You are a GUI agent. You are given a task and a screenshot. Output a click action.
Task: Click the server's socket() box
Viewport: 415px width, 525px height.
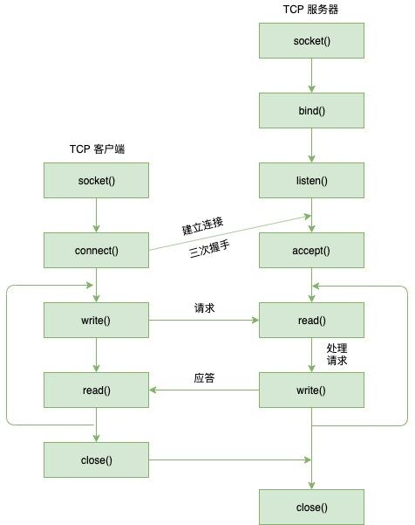pyautogui.click(x=311, y=40)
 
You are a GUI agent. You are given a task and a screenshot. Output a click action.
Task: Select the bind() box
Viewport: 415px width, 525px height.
pyautogui.click(x=311, y=110)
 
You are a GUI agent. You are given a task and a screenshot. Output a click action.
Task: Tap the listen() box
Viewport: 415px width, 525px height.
pyautogui.click(x=311, y=181)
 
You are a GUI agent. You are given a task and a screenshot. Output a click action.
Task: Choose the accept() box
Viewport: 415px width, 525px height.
pyautogui.click(x=311, y=251)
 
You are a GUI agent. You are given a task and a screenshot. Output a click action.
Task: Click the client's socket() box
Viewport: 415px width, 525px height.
pyautogui.click(x=96, y=181)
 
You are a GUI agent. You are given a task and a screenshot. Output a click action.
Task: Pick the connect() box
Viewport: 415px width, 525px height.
pyautogui.click(x=96, y=251)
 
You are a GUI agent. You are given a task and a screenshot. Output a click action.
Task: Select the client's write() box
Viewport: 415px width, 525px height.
pyautogui.click(x=96, y=320)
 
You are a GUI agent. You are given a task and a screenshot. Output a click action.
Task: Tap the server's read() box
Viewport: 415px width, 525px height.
pyautogui.click(x=311, y=320)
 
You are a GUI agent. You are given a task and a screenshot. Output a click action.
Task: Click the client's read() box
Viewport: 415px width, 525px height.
pyautogui.click(x=96, y=390)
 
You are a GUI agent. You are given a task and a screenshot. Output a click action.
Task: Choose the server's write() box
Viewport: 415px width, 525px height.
pyautogui.click(x=311, y=390)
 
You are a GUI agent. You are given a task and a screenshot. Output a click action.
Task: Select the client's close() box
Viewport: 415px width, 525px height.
pyautogui.click(x=96, y=460)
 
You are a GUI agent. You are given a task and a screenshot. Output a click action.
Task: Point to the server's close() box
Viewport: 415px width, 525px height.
pyautogui.click(x=311, y=507)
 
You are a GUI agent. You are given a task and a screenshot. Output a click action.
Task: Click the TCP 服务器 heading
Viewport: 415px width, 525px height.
pyautogui.click(x=310, y=9)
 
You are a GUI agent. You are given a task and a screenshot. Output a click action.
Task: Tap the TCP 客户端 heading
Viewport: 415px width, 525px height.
pyautogui.click(x=97, y=149)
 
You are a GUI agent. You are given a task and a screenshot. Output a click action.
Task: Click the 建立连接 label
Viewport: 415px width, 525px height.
pyautogui.click(x=202, y=226)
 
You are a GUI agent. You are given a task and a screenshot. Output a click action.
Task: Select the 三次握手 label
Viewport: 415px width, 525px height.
pyautogui.click(x=209, y=250)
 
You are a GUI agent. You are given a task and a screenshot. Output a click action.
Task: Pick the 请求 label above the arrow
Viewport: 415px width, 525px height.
pyautogui.click(x=204, y=308)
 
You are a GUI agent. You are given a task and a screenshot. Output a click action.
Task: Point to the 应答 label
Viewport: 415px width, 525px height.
pyautogui.click(x=204, y=378)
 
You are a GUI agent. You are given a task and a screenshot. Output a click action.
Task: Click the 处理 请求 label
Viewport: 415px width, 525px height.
pyautogui.click(x=337, y=355)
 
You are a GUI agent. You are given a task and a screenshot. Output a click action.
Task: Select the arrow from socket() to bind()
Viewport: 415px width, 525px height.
pyautogui.click(x=311, y=75)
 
